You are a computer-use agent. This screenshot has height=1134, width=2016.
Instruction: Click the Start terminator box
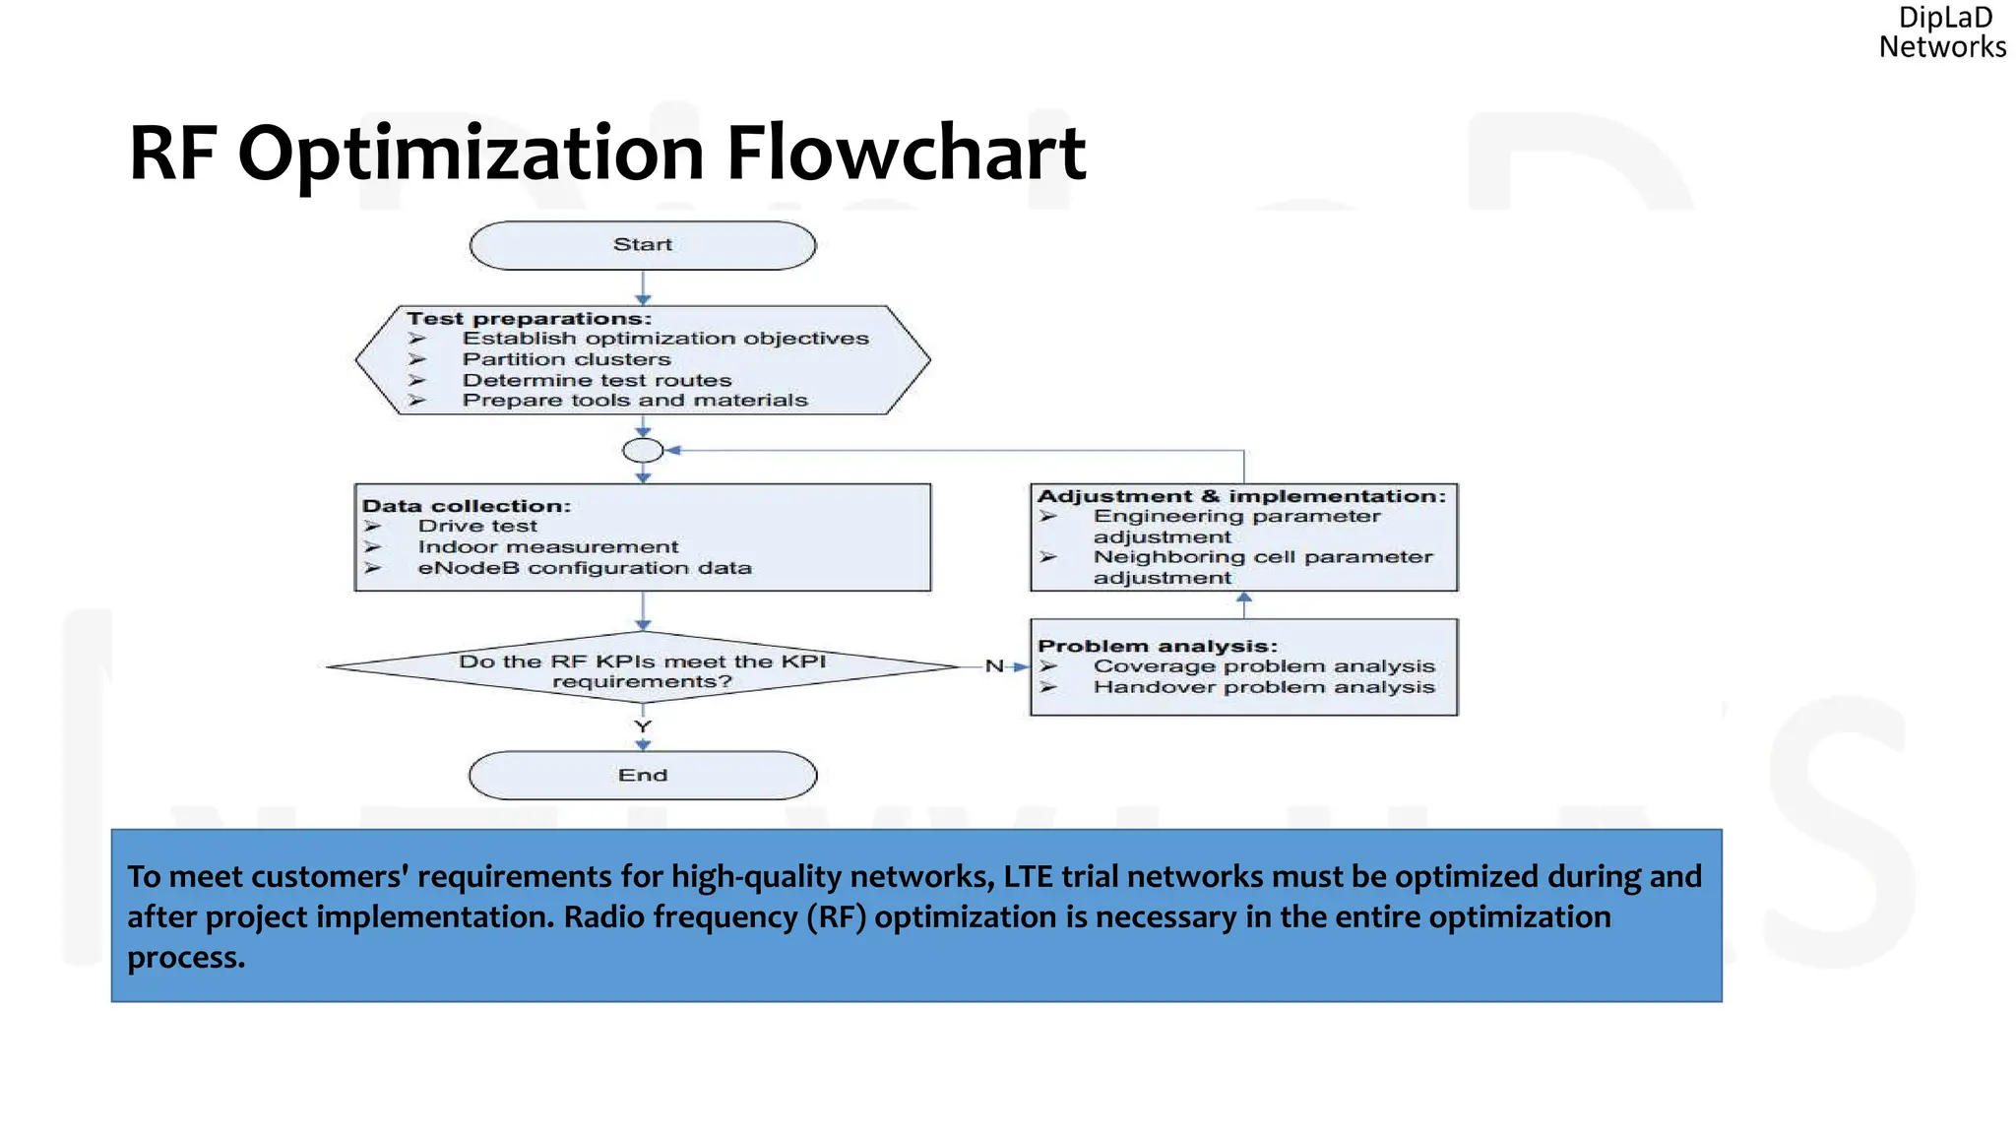coord(643,245)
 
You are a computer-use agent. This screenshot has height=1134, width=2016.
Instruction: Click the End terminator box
coord(643,776)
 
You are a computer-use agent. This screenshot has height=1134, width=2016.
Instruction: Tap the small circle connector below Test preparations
coord(643,451)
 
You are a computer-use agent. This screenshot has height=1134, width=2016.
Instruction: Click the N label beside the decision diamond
coord(994,666)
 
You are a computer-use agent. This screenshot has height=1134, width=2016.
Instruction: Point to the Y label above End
coord(643,726)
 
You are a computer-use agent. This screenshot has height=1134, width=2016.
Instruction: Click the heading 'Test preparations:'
coord(529,319)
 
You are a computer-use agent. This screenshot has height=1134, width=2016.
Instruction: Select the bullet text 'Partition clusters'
coord(566,359)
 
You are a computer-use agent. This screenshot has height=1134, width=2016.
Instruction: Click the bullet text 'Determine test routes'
coord(597,380)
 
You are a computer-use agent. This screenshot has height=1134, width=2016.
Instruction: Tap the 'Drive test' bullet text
coord(477,526)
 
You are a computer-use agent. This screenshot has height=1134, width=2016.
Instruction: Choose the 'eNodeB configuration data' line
coord(584,568)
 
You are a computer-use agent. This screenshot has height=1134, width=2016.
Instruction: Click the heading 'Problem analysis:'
coord(1157,646)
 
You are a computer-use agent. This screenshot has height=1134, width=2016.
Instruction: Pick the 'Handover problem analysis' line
coord(1263,687)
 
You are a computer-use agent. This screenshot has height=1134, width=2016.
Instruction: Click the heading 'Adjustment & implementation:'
coord(1241,496)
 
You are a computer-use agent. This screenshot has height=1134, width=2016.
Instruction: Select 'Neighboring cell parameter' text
coord(1263,557)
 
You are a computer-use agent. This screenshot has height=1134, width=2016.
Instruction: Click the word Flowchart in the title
coord(905,154)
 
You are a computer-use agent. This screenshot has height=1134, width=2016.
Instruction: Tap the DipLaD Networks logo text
coord(1942,32)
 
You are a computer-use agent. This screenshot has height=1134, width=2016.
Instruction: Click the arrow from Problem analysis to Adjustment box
coord(1244,603)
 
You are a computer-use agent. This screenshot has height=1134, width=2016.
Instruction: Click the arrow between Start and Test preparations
coord(643,287)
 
